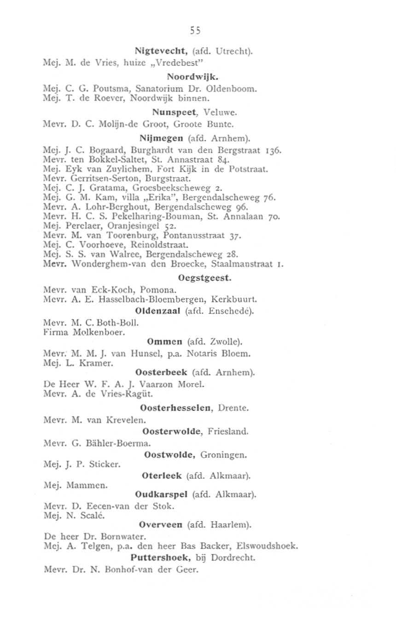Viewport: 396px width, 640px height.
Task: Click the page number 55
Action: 195,30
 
